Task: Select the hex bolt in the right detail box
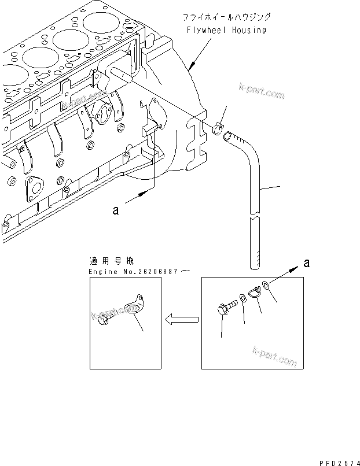click(227, 309)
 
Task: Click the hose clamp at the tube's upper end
click(217, 129)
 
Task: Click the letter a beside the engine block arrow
click(116, 211)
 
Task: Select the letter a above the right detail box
click(306, 263)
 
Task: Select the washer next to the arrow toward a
click(265, 285)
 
